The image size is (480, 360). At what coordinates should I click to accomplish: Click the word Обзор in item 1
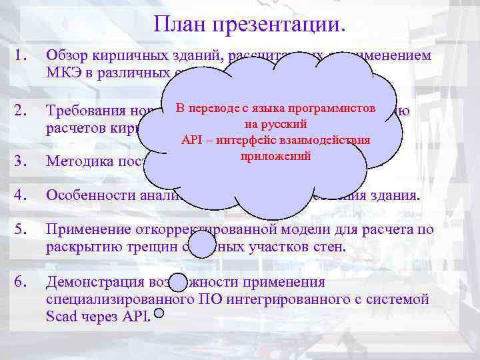[x=67, y=57]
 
